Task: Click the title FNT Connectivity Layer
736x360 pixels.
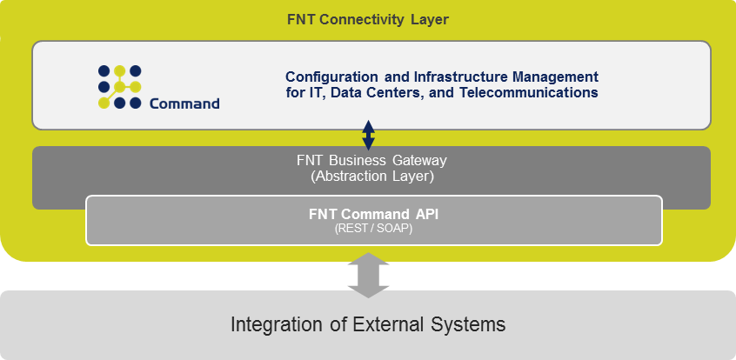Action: coord(368,20)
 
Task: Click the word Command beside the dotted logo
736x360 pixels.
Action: coord(184,103)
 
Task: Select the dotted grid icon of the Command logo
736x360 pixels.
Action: coord(120,87)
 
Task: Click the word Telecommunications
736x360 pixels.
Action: coord(529,92)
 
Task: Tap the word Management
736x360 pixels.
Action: coord(556,77)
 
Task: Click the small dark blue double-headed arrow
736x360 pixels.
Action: coord(369,135)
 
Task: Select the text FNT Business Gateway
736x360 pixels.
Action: coord(371,161)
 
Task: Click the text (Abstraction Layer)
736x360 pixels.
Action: coord(371,177)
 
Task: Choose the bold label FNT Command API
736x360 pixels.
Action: coord(373,215)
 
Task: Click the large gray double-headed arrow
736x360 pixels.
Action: coord(369,275)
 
